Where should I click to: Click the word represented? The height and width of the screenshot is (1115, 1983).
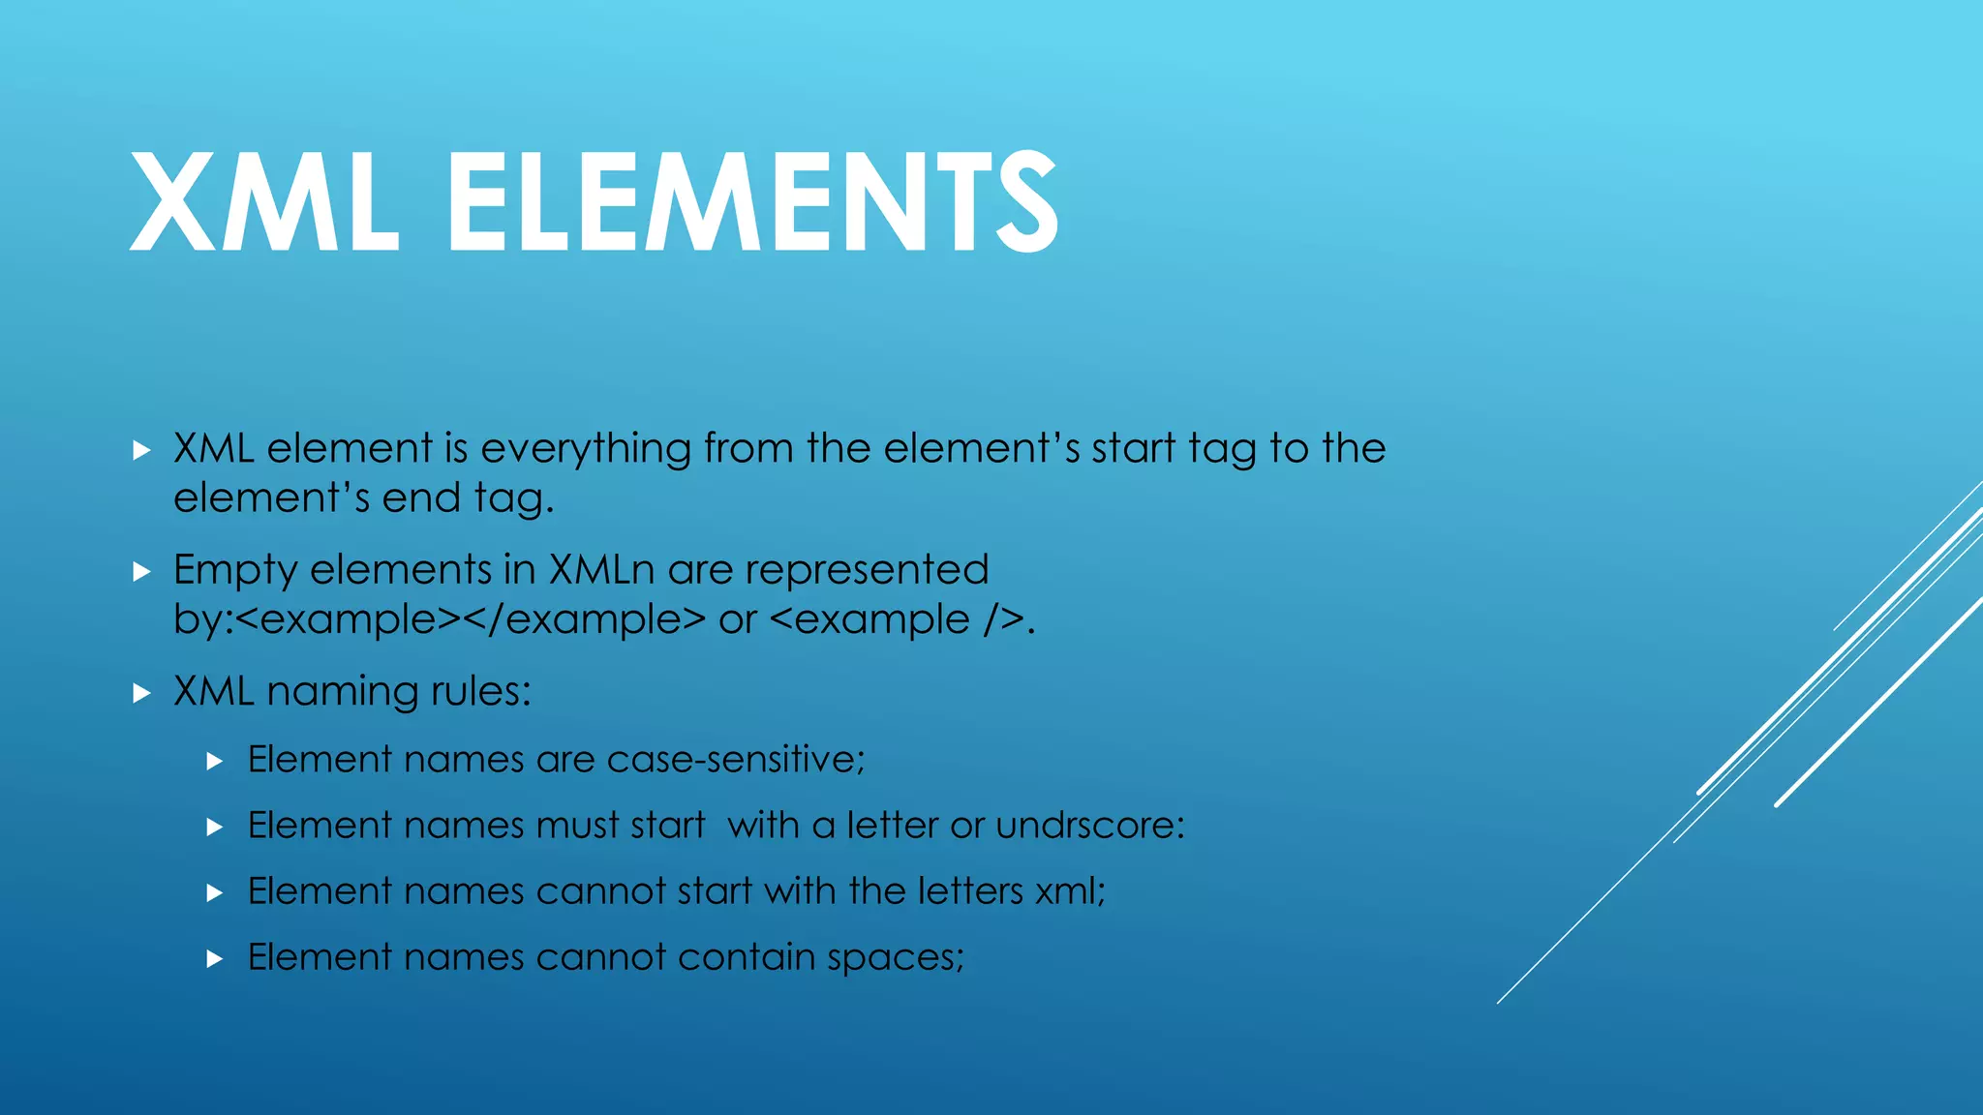point(867,570)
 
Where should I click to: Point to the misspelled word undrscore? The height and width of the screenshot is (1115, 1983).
point(1089,826)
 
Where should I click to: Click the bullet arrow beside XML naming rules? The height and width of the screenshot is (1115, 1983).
point(141,693)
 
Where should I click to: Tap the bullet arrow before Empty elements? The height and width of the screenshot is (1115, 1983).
point(141,572)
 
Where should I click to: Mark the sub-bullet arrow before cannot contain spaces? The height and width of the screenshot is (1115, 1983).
point(215,959)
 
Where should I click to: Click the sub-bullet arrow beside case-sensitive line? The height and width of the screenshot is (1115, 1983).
point(215,762)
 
